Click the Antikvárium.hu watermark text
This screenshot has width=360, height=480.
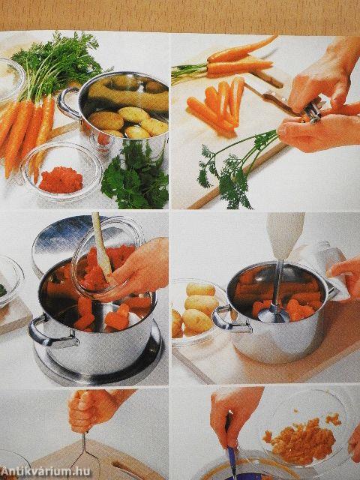[46, 472]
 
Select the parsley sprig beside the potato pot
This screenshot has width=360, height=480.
[136, 177]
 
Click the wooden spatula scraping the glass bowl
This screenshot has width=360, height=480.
[102, 247]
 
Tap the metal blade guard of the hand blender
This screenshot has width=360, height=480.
[274, 313]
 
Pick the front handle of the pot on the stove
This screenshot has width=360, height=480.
[52, 334]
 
